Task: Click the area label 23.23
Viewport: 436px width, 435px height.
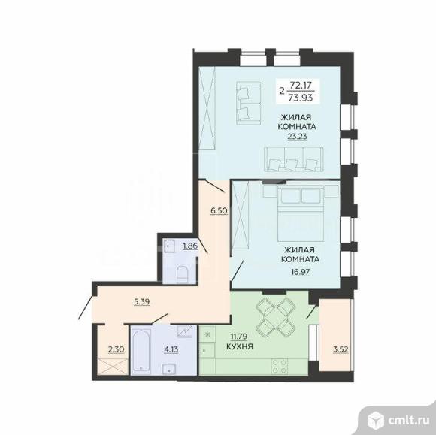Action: (x=297, y=137)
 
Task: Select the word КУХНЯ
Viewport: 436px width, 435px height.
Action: (x=240, y=346)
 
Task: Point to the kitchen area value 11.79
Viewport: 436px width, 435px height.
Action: (x=238, y=337)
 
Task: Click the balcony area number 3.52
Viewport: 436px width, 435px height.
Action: (x=341, y=349)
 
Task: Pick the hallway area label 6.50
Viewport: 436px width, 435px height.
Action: (x=219, y=210)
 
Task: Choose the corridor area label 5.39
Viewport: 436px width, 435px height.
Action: (x=142, y=301)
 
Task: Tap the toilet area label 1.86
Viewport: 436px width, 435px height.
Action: (x=190, y=246)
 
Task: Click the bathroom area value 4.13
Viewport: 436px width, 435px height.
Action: (x=171, y=349)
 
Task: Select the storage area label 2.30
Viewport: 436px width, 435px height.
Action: (x=116, y=349)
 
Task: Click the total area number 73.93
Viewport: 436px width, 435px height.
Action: (x=300, y=98)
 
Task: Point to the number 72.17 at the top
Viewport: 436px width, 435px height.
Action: (x=300, y=85)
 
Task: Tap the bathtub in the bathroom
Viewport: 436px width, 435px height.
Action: (x=142, y=350)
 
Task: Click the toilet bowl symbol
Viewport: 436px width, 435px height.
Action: (x=183, y=274)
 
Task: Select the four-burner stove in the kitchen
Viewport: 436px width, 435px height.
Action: (x=280, y=367)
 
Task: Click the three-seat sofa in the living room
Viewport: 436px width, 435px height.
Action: (x=294, y=159)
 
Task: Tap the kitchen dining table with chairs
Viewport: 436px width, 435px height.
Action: (x=275, y=318)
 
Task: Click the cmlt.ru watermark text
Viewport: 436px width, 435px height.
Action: (x=408, y=421)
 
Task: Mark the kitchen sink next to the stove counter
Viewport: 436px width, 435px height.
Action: (x=207, y=350)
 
